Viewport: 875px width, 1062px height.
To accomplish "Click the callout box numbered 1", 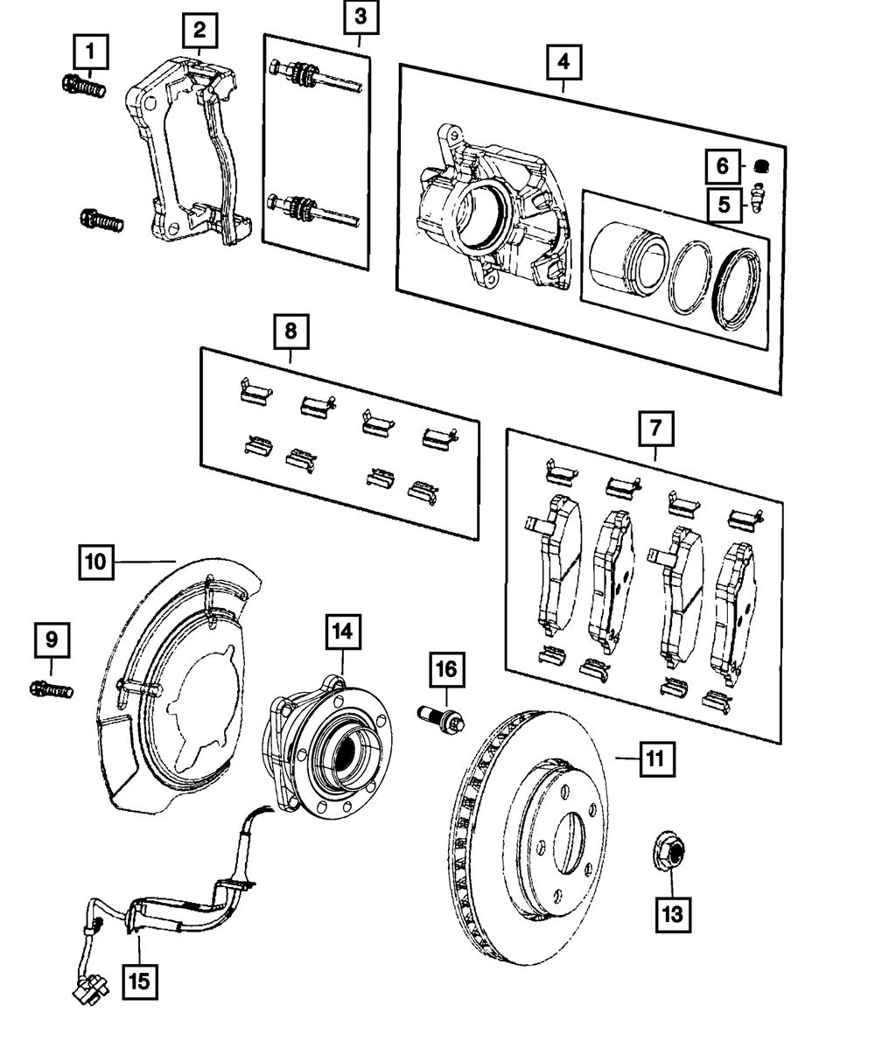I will click(x=92, y=52).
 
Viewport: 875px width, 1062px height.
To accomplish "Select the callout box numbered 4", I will click(x=563, y=61).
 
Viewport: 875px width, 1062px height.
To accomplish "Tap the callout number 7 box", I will click(x=656, y=429).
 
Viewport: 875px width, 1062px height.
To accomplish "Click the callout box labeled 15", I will click(x=139, y=981).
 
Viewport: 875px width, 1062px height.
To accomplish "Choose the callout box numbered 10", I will click(x=96, y=560).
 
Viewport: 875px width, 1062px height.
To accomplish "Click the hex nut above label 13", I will click(x=670, y=852).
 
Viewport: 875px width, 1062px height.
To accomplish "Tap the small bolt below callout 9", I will click(x=52, y=689).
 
